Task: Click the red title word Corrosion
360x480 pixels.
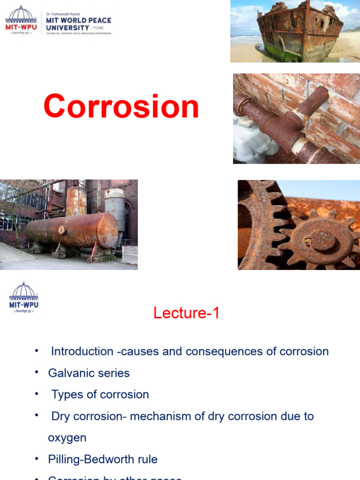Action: [x=121, y=107]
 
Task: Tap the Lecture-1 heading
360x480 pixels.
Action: [x=186, y=313]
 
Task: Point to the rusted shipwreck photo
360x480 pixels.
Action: [x=295, y=31]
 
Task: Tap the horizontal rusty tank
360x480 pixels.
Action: [x=72, y=231]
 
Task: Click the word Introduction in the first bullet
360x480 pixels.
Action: [x=82, y=352]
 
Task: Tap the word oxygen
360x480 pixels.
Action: [x=67, y=438]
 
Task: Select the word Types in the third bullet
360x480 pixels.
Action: [x=66, y=395]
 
